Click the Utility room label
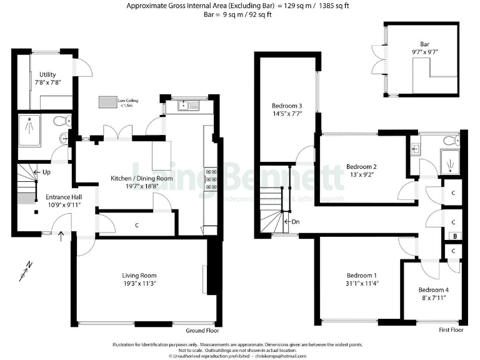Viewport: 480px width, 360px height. (x=47, y=74)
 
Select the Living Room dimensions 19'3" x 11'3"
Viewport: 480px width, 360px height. (x=139, y=284)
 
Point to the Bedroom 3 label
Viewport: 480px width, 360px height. (x=286, y=106)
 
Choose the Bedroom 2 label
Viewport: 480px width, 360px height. (x=361, y=166)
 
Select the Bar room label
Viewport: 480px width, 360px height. (x=424, y=44)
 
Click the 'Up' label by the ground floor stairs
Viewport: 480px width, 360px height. (x=46, y=171)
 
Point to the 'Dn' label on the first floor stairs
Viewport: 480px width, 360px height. (x=295, y=221)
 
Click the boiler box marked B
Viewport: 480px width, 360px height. (x=454, y=237)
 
